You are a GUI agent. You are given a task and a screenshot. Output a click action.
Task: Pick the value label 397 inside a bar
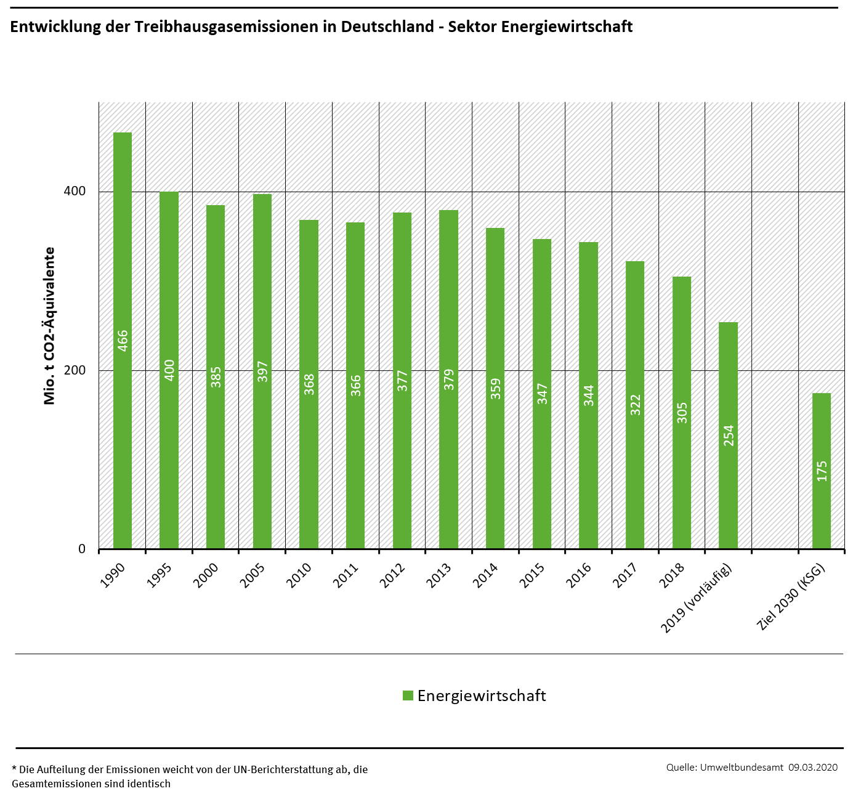point(263,371)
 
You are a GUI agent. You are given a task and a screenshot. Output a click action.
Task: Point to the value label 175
point(822,471)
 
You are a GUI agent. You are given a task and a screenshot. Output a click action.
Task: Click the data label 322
point(636,405)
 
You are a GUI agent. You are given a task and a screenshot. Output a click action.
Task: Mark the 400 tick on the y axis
point(75,191)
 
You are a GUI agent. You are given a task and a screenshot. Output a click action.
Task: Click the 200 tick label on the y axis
point(75,370)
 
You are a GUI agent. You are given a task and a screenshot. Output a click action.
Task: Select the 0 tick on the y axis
point(82,549)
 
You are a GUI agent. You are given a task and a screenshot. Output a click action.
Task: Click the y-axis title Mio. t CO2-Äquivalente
point(50,326)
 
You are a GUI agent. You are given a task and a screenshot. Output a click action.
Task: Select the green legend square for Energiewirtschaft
point(408,695)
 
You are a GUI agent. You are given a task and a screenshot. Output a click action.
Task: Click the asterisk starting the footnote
point(14,769)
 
